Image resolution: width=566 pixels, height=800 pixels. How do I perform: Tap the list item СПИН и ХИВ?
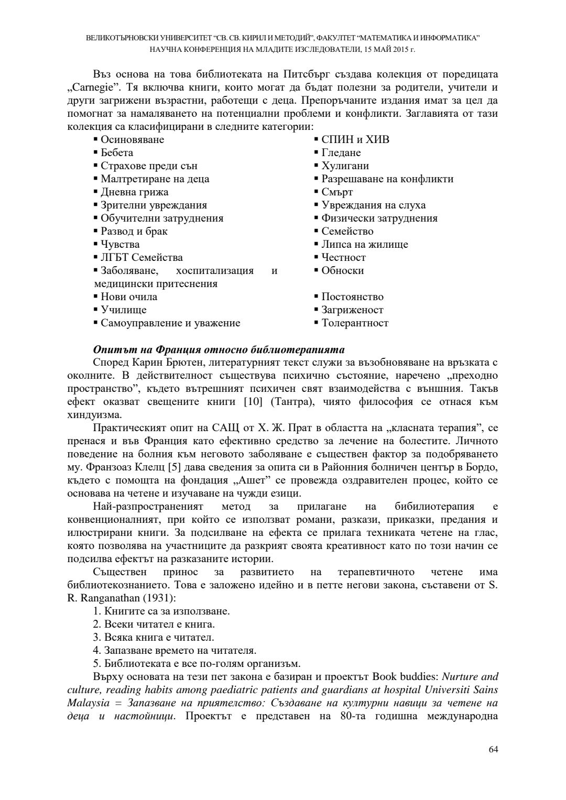[x=355, y=140]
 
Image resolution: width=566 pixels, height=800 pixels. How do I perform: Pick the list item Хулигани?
[x=345, y=166]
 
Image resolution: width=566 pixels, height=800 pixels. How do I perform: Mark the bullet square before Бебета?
[x=96, y=152]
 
